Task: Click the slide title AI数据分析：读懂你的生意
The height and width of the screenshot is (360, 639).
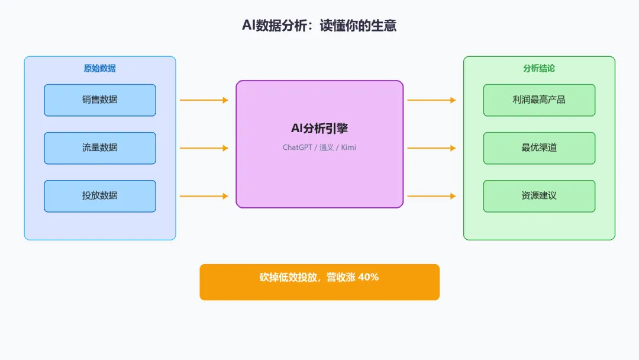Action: pos(319,25)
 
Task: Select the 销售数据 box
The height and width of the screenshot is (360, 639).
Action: pos(100,100)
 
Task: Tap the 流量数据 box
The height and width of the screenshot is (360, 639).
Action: pos(100,148)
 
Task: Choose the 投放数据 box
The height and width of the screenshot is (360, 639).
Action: pos(100,196)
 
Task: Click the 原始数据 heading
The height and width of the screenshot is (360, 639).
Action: pos(100,68)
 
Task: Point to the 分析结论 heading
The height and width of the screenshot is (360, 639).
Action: pos(539,68)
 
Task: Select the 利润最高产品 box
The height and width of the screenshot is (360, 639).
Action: pos(539,100)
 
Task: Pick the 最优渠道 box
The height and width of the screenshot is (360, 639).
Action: pos(539,148)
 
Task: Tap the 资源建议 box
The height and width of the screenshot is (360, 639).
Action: pos(539,196)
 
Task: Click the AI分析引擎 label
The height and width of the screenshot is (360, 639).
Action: pos(319,128)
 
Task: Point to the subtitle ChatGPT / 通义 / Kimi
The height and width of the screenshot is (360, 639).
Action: pos(319,147)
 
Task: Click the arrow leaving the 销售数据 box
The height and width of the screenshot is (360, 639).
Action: pos(204,100)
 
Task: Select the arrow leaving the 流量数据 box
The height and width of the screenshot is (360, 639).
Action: pos(204,148)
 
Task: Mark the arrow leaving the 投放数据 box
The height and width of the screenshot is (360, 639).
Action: pos(204,196)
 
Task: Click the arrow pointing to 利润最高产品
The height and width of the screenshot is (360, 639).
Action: pos(431,100)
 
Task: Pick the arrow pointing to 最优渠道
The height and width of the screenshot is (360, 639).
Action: pos(431,148)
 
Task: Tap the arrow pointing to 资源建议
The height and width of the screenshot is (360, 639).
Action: pos(431,196)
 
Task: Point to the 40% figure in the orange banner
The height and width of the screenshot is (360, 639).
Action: pos(368,277)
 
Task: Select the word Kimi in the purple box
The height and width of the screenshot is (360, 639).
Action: pos(348,147)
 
